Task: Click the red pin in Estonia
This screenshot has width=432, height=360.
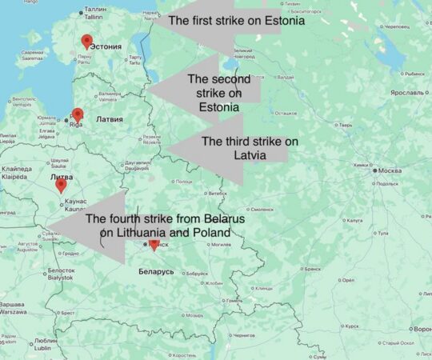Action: [x=86, y=42]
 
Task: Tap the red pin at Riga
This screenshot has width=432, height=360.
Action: [x=78, y=114]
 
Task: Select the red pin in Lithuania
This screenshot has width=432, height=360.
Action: [x=61, y=185]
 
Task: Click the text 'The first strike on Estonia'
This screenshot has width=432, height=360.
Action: [x=238, y=21]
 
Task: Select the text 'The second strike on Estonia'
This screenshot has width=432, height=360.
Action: [x=218, y=93]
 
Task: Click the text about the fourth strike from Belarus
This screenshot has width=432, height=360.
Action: [x=165, y=226]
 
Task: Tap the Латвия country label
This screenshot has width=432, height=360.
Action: [x=110, y=119]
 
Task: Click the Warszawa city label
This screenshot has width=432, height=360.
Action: [x=13, y=309]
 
